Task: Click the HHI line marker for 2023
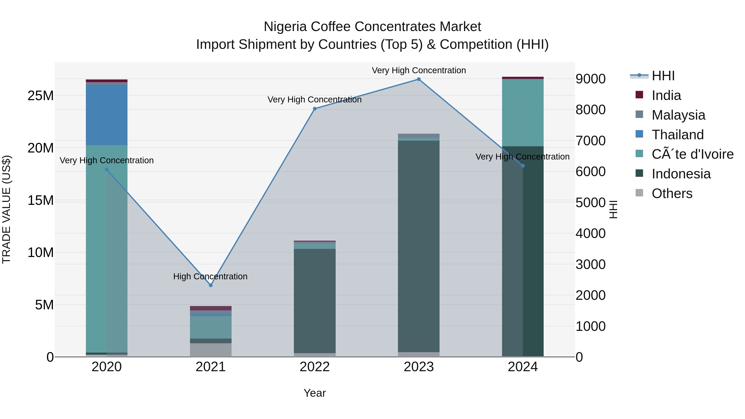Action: (x=418, y=79)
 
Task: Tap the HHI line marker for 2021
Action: (x=210, y=285)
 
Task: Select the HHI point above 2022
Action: (x=315, y=109)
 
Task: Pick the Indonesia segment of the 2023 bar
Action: (x=418, y=246)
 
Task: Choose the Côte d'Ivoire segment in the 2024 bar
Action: (x=523, y=113)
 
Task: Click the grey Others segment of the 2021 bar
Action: (x=210, y=350)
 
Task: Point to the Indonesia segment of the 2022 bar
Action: (x=315, y=301)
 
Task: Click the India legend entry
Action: (x=666, y=95)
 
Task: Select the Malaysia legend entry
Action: (x=678, y=115)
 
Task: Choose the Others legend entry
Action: (x=672, y=193)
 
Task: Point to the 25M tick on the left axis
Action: (x=41, y=96)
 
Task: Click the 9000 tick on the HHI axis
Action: (x=590, y=79)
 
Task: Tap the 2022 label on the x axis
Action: (x=315, y=367)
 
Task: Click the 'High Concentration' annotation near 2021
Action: (x=210, y=276)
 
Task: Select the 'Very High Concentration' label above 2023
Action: (x=418, y=70)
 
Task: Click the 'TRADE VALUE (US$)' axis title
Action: (x=7, y=209)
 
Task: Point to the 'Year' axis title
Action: (x=315, y=393)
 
